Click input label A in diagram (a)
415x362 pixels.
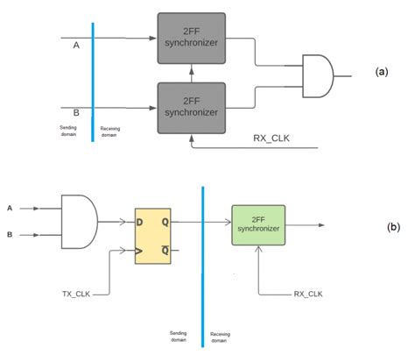(x=75, y=46)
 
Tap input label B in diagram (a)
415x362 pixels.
(x=75, y=112)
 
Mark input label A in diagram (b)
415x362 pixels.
(x=10, y=209)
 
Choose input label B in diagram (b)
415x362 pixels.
(x=10, y=234)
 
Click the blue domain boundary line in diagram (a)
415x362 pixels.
(x=93, y=83)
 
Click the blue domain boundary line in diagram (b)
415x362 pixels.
(x=202, y=263)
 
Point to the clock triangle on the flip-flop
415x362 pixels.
(x=140, y=252)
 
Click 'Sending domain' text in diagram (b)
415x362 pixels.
(x=180, y=337)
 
